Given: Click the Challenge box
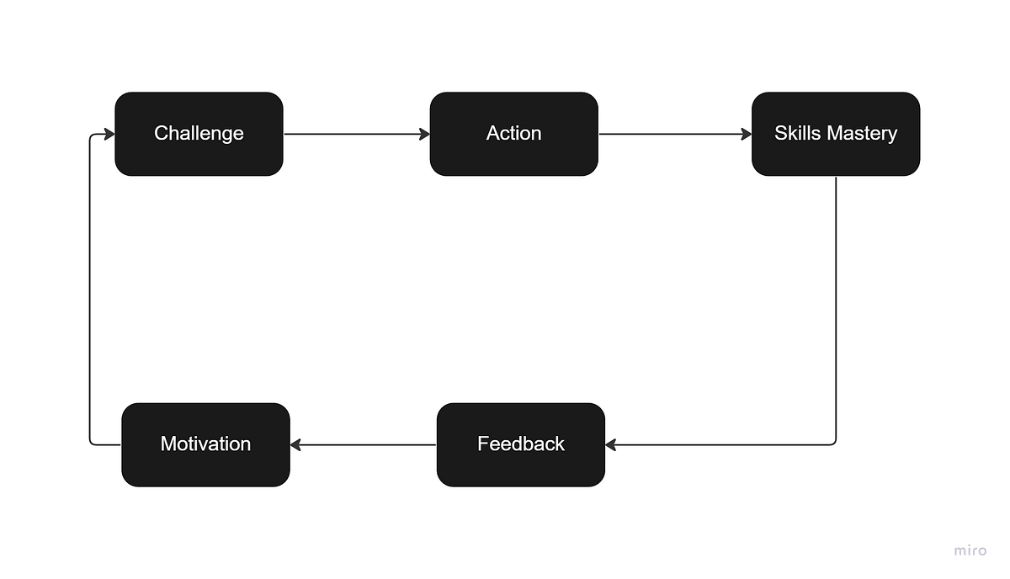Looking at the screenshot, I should [199, 134].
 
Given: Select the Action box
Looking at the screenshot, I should [513, 134].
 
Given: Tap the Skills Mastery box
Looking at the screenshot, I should [835, 134].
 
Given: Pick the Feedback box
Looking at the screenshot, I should [520, 444].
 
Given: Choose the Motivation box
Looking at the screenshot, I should [205, 444].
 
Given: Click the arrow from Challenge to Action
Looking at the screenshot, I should [353, 134].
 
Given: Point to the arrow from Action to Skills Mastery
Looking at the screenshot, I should [673, 134].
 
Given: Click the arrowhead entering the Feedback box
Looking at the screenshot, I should [611, 444].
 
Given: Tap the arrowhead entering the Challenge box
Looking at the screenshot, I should [109, 134].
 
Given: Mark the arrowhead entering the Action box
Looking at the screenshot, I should [424, 134].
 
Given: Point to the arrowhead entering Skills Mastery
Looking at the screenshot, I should [746, 134].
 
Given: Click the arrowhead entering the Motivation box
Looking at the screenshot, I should [296, 444].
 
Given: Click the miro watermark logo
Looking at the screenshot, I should [970, 550].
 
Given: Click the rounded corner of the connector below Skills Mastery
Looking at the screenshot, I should [834, 443].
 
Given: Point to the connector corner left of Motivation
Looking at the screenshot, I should [91, 443].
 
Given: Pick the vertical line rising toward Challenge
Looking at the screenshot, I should [89, 286].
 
